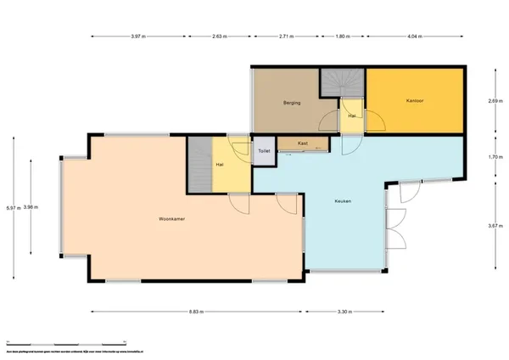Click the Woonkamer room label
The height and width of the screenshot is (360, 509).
(x=172, y=219)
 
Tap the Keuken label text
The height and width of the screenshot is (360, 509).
(x=342, y=201)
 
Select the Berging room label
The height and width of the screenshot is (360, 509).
(x=294, y=104)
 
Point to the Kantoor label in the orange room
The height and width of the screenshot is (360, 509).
(x=415, y=100)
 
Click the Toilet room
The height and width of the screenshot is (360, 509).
(x=264, y=150)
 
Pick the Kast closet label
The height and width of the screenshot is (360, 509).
(x=302, y=143)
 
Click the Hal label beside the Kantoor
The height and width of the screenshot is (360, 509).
(x=351, y=115)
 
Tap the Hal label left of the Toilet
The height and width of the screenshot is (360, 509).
(x=220, y=164)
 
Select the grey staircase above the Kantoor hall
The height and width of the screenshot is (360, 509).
(x=342, y=84)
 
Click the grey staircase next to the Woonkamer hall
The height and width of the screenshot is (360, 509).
(x=198, y=165)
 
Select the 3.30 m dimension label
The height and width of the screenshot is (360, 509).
(x=343, y=312)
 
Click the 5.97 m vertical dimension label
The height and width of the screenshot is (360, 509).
(x=9, y=207)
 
